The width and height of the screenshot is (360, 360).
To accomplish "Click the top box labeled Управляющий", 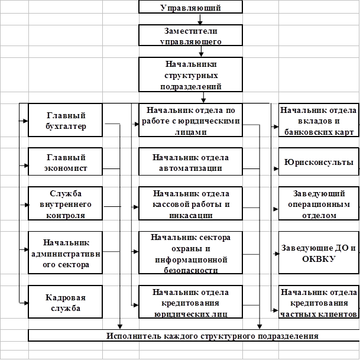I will pyautogui.click(x=190, y=7).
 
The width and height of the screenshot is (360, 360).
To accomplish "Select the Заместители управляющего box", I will pyautogui.click(x=190, y=35).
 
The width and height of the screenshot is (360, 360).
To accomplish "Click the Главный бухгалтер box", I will pyautogui.click(x=66, y=121).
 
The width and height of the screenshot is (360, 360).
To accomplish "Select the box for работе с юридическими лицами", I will pyautogui.click(x=190, y=121).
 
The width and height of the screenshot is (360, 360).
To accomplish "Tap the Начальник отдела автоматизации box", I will pyautogui.click(x=190, y=162).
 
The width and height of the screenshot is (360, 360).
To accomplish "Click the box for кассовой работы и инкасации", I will pyautogui.click(x=190, y=203).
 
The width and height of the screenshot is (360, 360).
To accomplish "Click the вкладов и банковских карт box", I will pyautogui.click(x=318, y=121).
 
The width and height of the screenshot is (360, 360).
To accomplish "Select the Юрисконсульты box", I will pyautogui.click(x=318, y=162).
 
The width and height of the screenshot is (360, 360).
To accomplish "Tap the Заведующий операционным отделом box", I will pyautogui.click(x=318, y=203).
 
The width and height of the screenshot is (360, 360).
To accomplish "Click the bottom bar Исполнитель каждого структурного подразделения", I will pyautogui.click(x=193, y=336).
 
